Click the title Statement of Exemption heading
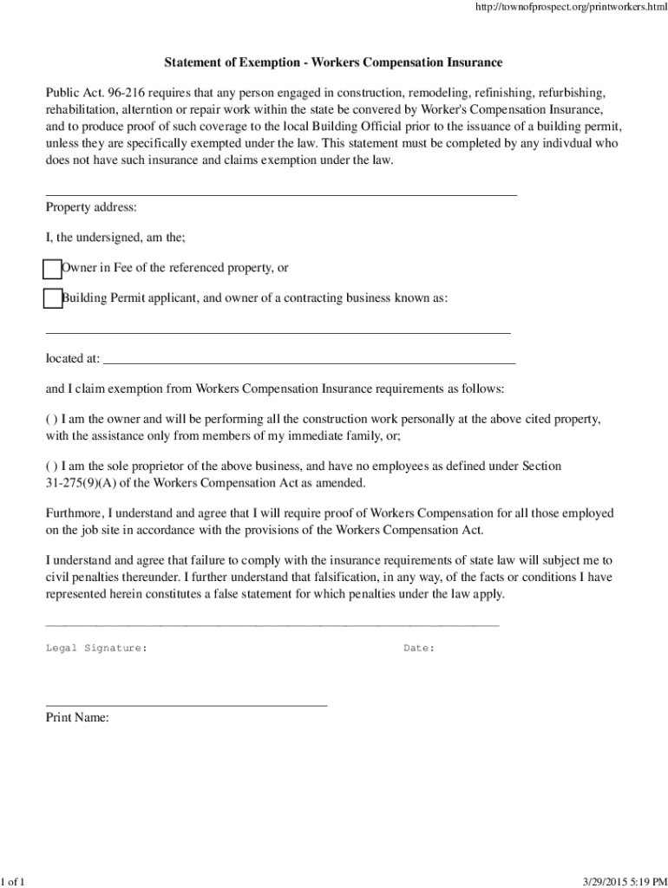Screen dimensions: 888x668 (334, 63)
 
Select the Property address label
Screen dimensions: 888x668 (91, 207)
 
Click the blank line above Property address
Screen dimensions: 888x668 (281, 195)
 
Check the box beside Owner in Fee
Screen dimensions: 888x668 (53, 269)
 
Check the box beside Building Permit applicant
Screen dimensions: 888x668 (53, 298)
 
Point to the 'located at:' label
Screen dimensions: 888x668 (73, 358)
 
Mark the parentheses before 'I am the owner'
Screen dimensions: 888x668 (51, 419)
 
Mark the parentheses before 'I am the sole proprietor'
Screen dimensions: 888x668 (51, 466)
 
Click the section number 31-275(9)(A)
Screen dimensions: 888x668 (86, 483)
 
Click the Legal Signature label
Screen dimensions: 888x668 (96, 648)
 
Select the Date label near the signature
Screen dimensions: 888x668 (419, 648)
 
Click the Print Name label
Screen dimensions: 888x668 (77, 717)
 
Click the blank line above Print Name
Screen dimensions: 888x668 (187, 706)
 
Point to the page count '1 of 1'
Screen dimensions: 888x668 (13, 882)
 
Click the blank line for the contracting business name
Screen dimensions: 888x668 (278, 332)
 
